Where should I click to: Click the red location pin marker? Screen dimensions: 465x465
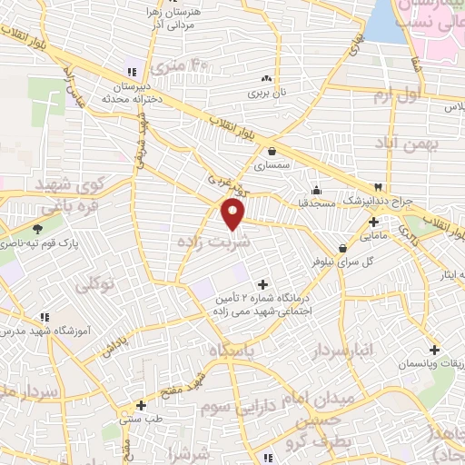tap(233, 214)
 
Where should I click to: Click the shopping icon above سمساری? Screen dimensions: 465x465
tap(272, 152)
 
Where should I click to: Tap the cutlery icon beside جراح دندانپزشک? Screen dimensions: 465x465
tap(379, 186)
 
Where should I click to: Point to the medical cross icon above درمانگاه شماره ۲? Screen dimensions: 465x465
tap(264, 284)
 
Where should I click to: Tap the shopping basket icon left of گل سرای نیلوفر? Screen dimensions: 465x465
tap(342, 248)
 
